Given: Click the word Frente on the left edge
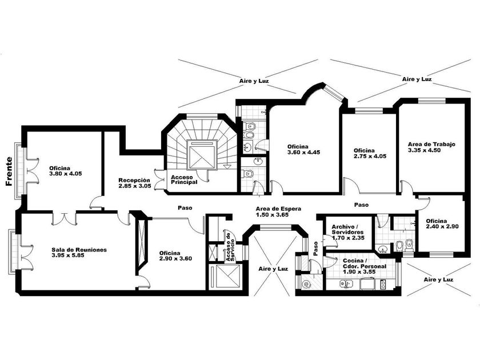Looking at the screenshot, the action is pos(9,172).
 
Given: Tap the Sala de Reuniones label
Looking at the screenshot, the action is pos(79,250).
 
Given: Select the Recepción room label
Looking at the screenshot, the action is pos(135,179).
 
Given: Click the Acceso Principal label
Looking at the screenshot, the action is pos(184,179).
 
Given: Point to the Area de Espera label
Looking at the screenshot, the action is pos(278,209).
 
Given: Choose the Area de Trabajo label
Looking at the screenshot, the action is pos(431,144).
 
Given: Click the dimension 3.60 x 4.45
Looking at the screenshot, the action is pos(303,153).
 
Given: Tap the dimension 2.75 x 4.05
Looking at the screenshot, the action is pos(370,156).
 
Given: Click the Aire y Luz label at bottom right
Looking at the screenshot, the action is pos(439,279).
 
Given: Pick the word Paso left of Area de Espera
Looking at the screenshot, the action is pos(184,207).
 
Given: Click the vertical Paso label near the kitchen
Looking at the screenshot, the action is pos(315,247).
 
